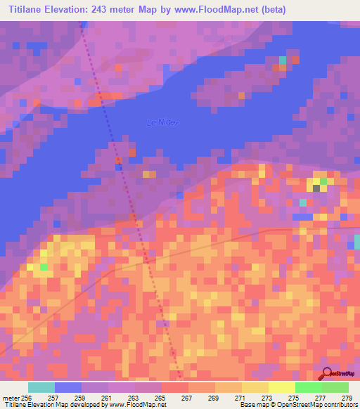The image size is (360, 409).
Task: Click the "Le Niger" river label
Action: click(162, 123)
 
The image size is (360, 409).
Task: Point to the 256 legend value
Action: click(27, 397)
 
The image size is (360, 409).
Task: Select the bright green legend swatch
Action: click(308, 387)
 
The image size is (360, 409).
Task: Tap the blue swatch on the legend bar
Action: click(67, 387)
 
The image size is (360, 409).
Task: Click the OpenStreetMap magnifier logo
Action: click(327, 373)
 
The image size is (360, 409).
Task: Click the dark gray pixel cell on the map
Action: click(316, 188)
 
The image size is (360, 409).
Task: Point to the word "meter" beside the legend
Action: click(11, 397)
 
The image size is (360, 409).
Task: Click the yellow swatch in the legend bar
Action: click(281, 387)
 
